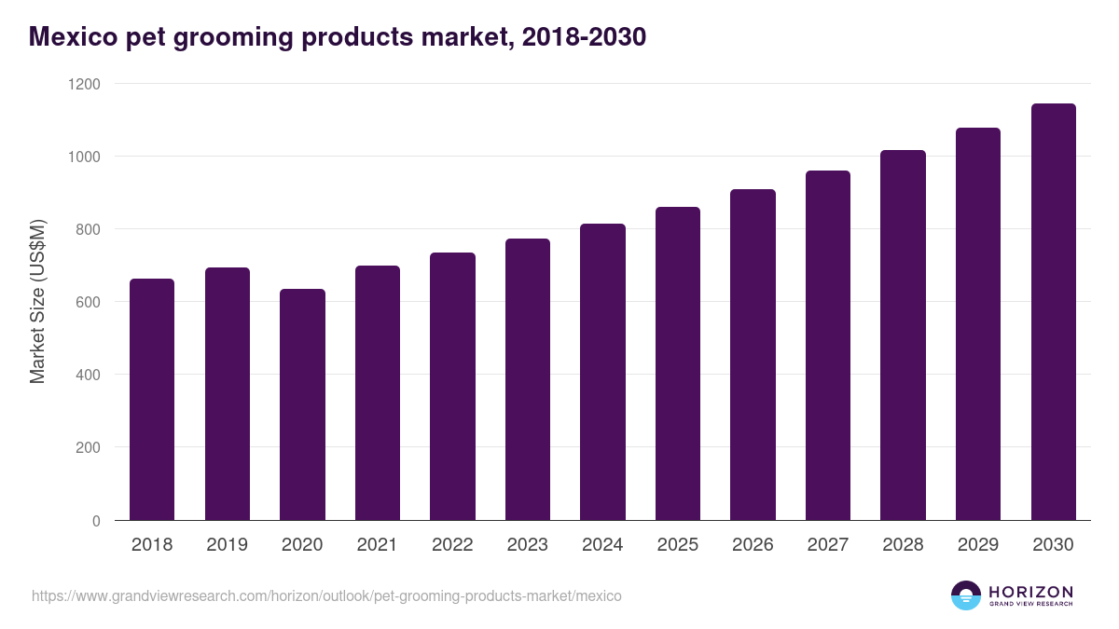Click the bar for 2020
(302, 404)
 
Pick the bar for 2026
(753, 354)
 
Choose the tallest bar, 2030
(1054, 311)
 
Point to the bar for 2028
(904, 335)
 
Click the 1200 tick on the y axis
(83, 84)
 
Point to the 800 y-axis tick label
(88, 229)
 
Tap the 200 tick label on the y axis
(88, 447)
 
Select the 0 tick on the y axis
(96, 521)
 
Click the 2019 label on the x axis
(228, 545)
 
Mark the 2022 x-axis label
(452, 545)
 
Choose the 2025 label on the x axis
(678, 545)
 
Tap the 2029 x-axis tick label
(978, 545)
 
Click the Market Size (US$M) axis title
(37, 302)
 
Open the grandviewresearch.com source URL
(326, 595)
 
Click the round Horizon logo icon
(966, 595)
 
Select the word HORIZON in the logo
(1031, 591)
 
